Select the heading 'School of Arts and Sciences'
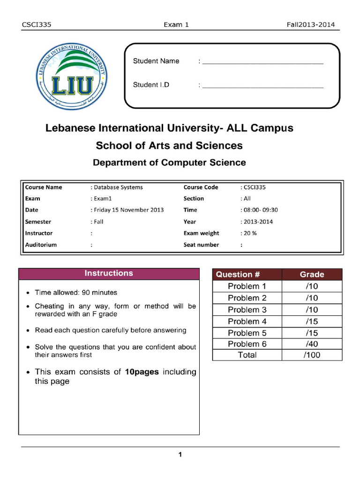pyautogui.click(x=169, y=146)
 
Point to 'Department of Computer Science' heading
pyautogui.click(x=169, y=163)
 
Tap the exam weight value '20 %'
pyautogui.click(x=249, y=233)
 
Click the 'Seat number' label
pyautogui.click(x=201, y=245)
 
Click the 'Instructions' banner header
pyautogui.click(x=109, y=273)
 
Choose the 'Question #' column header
pyautogui.click(x=247, y=275)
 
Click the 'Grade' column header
pyautogui.click(x=312, y=275)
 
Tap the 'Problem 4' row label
pyautogui.click(x=247, y=322)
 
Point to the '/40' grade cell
pyautogui.click(x=312, y=344)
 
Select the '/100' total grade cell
pyautogui.click(x=312, y=355)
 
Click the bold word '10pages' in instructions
pyautogui.click(x=141, y=372)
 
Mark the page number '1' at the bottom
pyautogui.click(x=180, y=454)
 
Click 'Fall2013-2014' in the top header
pyautogui.click(x=311, y=25)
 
